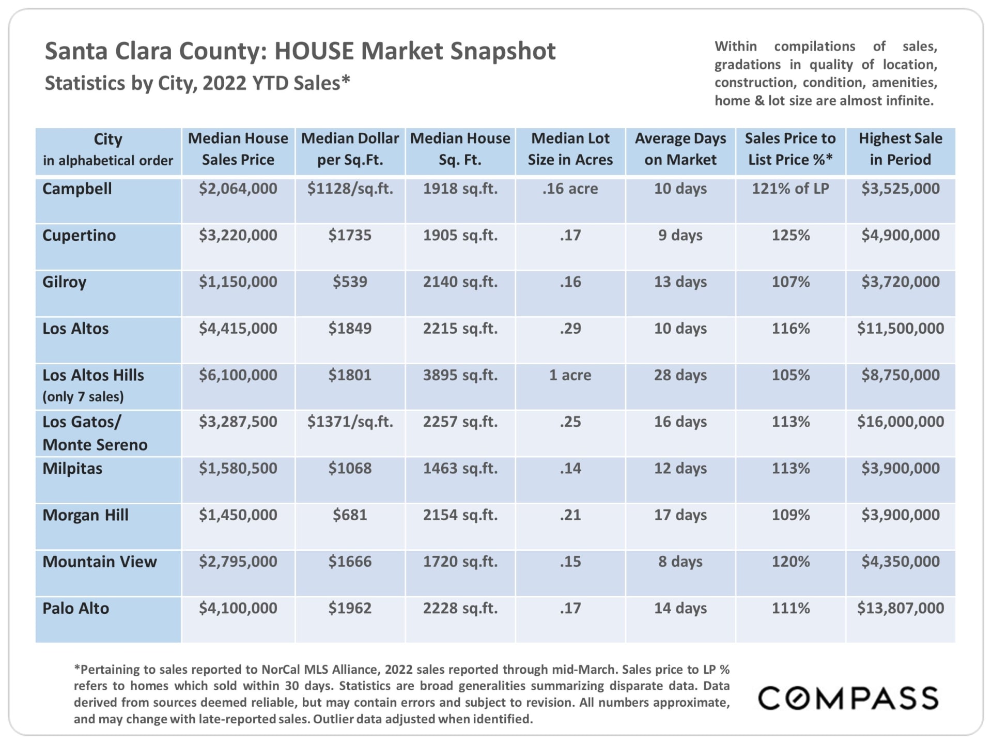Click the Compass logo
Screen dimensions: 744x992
pos(848,698)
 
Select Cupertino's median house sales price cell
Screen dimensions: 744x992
pos(238,236)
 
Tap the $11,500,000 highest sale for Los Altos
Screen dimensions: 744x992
pos(900,329)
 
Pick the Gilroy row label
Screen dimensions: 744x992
pos(65,282)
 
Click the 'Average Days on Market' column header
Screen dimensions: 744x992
pos(680,149)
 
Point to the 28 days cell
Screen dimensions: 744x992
pos(680,375)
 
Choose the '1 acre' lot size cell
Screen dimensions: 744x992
pos(570,375)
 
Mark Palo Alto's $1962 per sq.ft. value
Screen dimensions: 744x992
pos(350,608)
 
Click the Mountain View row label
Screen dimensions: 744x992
pos(100,562)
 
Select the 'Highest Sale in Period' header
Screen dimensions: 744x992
pos(900,149)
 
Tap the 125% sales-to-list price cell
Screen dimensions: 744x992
pos(790,236)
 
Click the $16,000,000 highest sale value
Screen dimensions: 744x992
pos(900,422)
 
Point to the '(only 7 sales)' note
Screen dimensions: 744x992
pos(83,397)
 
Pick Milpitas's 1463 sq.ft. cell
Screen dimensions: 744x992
pos(460,469)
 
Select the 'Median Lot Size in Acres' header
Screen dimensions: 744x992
pos(570,149)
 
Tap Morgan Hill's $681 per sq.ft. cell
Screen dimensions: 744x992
pos(350,515)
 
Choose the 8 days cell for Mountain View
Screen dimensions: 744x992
pos(680,562)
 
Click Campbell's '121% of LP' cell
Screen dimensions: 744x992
pos(790,189)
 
